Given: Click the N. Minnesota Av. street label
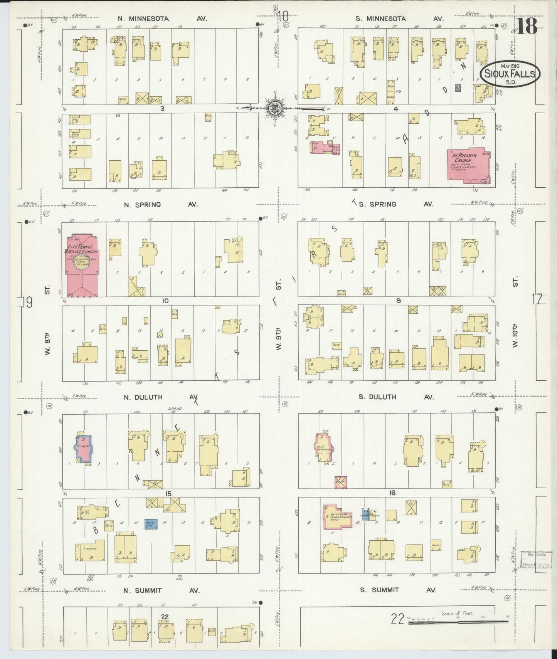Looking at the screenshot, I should pos(162,18).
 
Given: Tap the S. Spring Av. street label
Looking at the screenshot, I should pos(396,204).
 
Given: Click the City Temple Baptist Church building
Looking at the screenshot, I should pos(82,266).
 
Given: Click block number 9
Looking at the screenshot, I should pos(398,301).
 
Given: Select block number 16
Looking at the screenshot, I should pos(392,493).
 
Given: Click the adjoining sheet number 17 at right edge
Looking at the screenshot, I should pos(537,299).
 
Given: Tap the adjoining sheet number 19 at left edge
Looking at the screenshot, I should pos(27,303).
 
